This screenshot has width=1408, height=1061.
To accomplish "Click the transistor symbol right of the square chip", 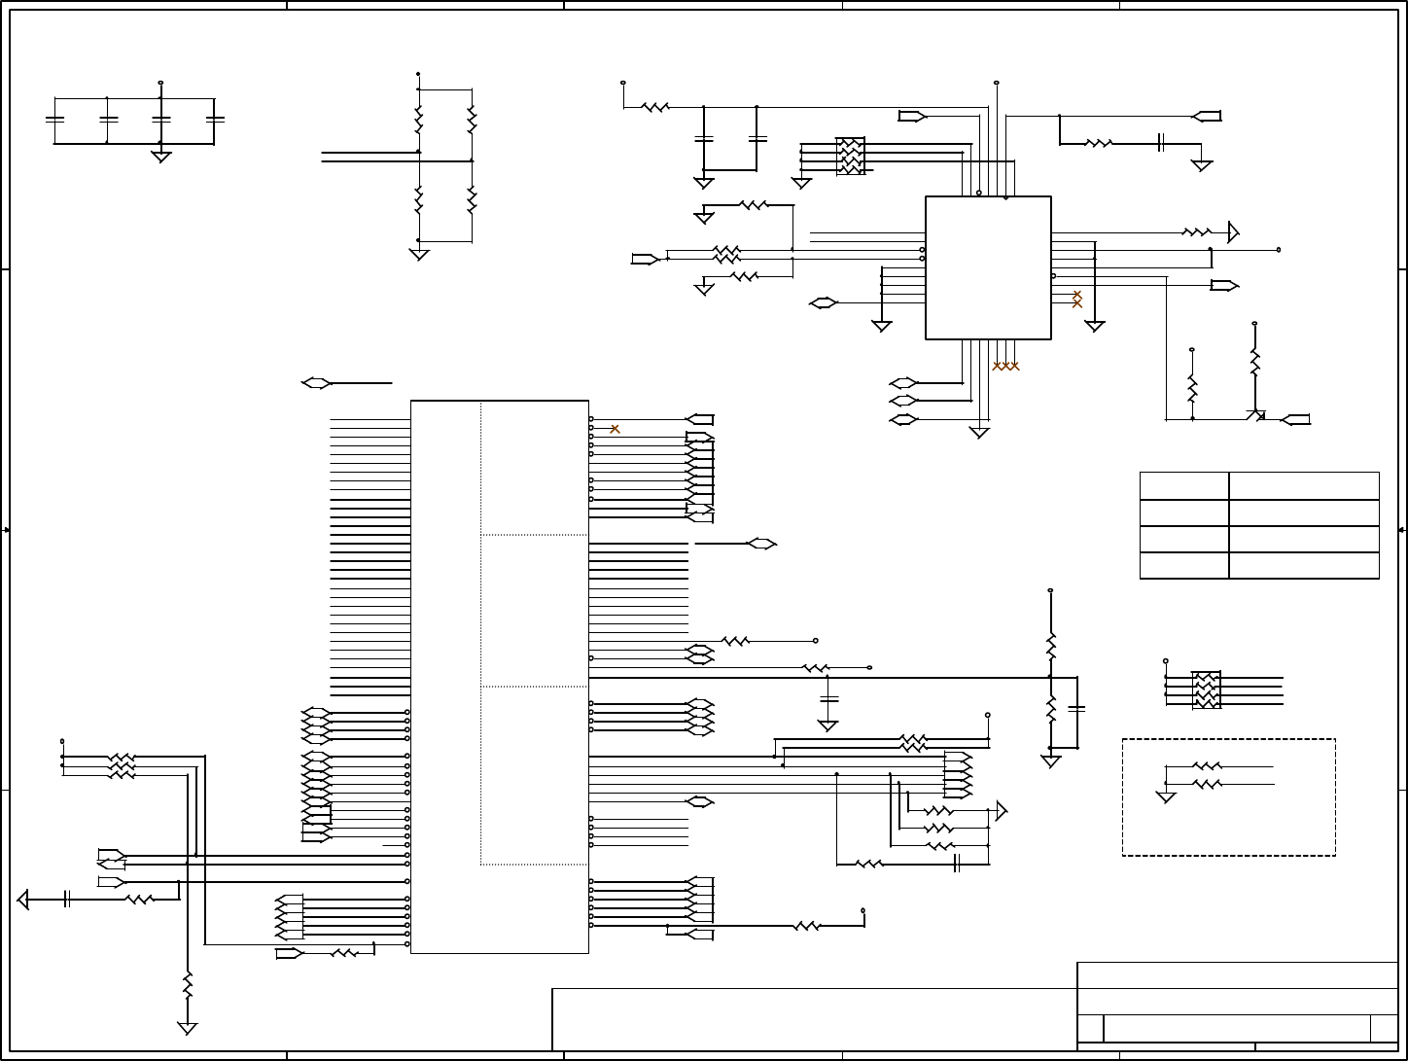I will pyautogui.click(x=1256, y=415).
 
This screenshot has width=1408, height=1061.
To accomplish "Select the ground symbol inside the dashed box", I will pyautogui.click(x=1166, y=797).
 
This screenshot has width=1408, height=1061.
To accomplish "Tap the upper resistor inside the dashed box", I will pyautogui.click(x=1207, y=766).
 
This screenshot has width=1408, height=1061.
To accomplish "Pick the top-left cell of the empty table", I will pyautogui.click(x=1183, y=486).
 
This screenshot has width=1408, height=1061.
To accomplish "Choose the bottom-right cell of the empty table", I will pyautogui.click(x=1303, y=566).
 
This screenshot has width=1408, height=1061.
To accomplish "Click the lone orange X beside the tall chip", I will pyautogui.click(x=615, y=429).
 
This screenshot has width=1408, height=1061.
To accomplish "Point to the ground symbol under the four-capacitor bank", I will pyautogui.click(x=161, y=156).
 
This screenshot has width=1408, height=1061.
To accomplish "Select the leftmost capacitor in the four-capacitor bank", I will pyautogui.click(x=55, y=119).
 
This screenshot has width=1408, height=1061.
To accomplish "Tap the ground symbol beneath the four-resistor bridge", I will pyautogui.click(x=419, y=254).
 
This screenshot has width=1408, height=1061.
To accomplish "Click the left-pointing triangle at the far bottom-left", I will pyautogui.click(x=23, y=900).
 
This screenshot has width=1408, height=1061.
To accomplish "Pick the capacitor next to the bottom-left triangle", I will pyautogui.click(x=67, y=900).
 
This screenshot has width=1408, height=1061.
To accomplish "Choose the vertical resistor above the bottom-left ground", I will pyautogui.click(x=188, y=984).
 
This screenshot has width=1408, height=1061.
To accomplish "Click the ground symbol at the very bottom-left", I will pyautogui.click(x=188, y=1028).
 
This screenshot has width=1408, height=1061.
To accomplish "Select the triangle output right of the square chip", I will pyautogui.click(x=1234, y=232).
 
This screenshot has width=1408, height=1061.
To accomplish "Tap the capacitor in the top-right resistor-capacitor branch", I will pyautogui.click(x=1161, y=143).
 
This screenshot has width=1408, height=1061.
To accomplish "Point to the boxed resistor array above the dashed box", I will pyautogui.click(x=1207, y=690).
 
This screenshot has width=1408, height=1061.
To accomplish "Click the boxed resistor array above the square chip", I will pyautogui.click(x=851, y=157).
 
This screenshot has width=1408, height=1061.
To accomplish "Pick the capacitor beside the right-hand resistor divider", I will pyautogui.click(x=1076, y=708).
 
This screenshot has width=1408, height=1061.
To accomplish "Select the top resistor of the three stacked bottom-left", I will pyautogui.click(x=122, y=757).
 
